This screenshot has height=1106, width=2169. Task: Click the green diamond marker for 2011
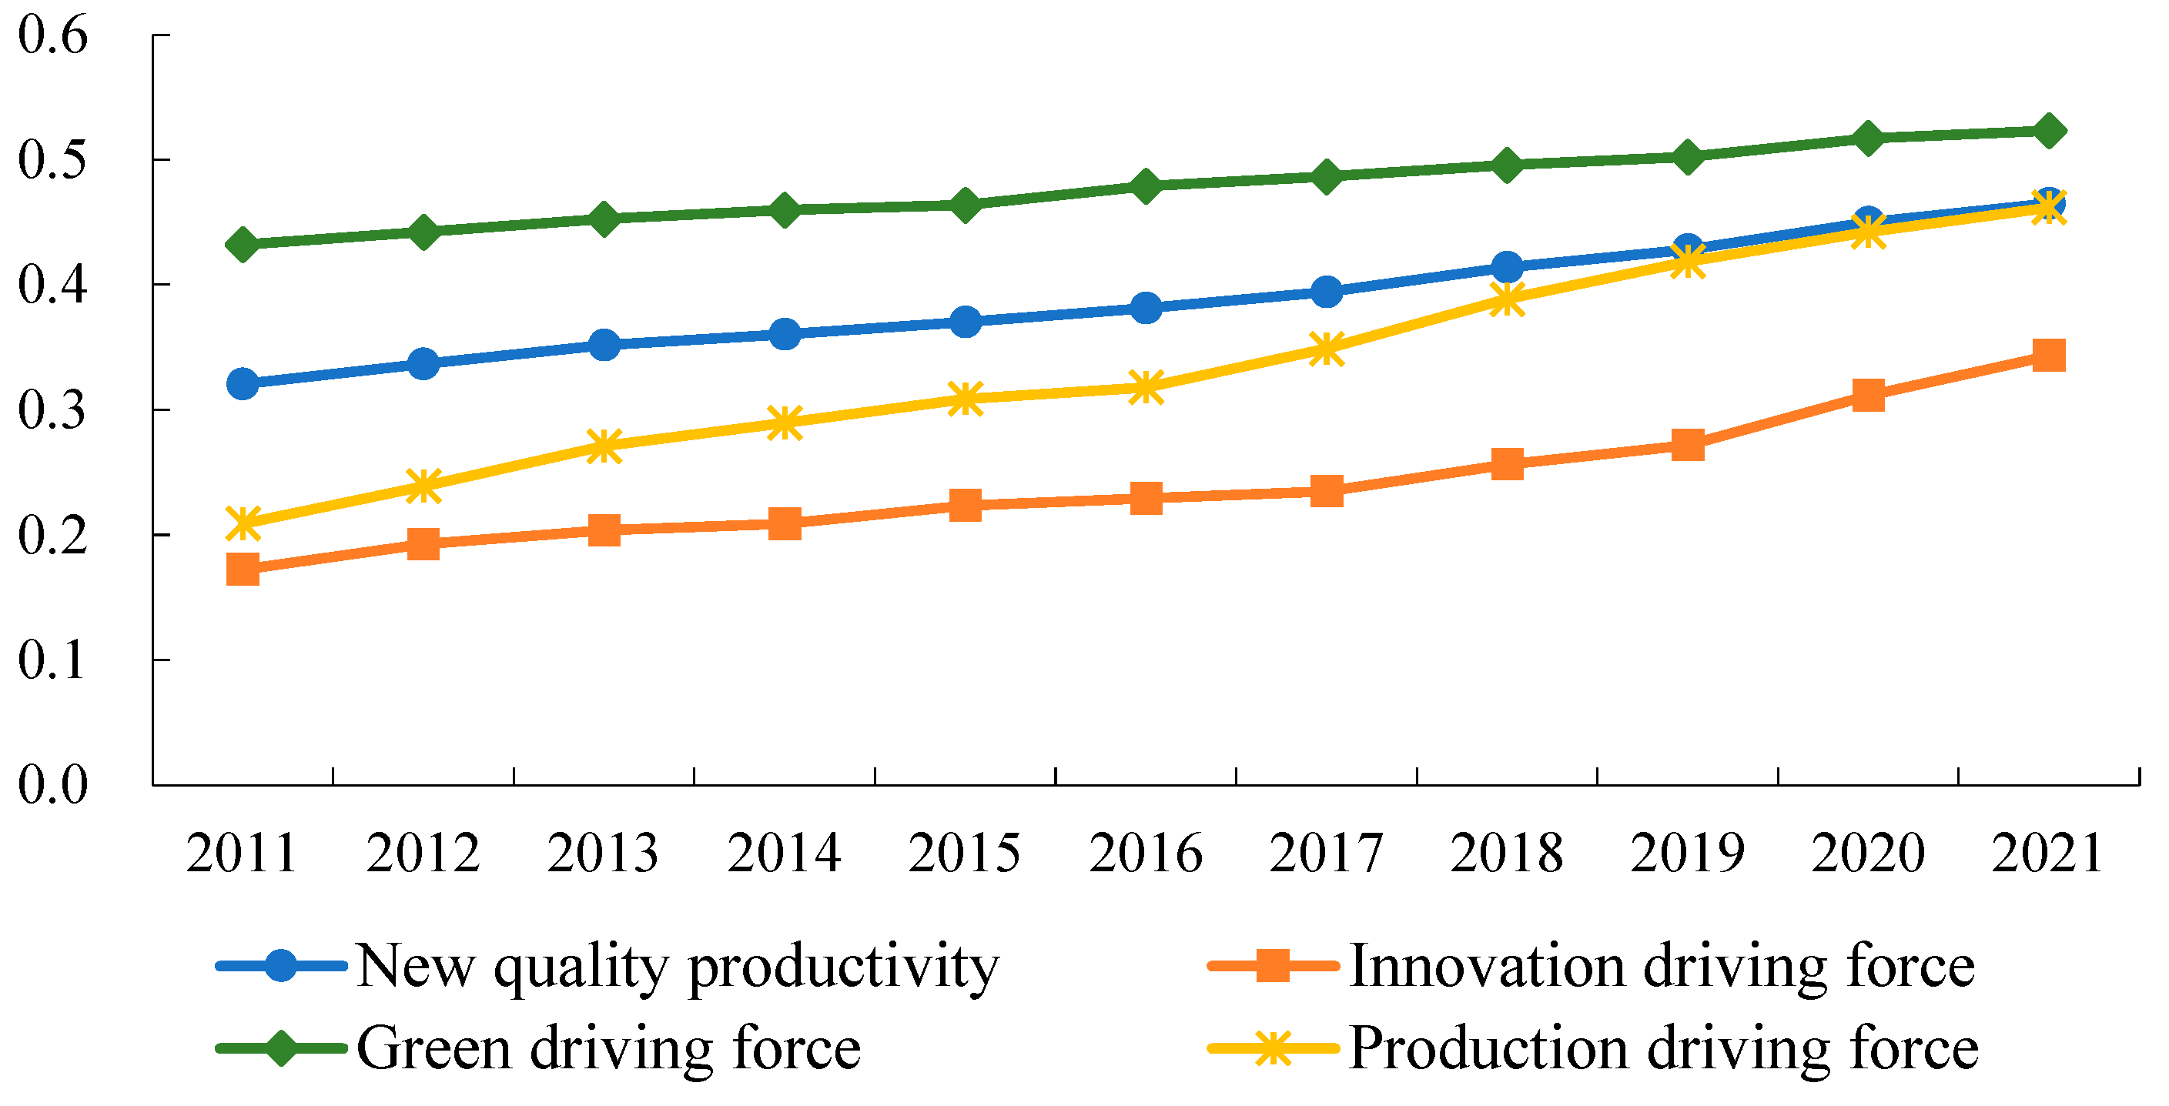[x=243, y=245]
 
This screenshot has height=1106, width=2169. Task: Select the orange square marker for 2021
[x=2048, y=356]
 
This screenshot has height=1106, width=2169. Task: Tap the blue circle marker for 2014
[x=784, y=334]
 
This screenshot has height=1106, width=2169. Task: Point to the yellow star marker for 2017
[x=1326, y=349]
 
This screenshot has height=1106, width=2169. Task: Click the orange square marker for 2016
[x=1145, y=498]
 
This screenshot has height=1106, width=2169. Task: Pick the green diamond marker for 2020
[x=1868, y=138]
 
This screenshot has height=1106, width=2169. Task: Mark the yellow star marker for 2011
[x=243, y=523]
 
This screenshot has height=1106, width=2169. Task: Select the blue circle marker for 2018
[x=1506, y=268]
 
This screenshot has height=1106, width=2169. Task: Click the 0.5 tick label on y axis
[x=52, y=160]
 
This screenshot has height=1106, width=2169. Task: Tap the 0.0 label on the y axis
[x=52, y=785]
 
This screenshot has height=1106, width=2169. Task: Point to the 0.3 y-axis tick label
[x=52, y=411]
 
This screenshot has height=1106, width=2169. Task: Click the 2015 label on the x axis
[x=964, y=854]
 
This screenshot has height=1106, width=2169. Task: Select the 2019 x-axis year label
[x=1686, y=854]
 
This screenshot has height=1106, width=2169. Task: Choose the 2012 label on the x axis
[x=423, y=854]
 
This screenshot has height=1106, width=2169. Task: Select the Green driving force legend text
[x=608, y=1049]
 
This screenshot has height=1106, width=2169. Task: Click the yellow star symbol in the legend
[x=1272, y=1049]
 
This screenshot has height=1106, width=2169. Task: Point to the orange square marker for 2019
[x=1686, y=444]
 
